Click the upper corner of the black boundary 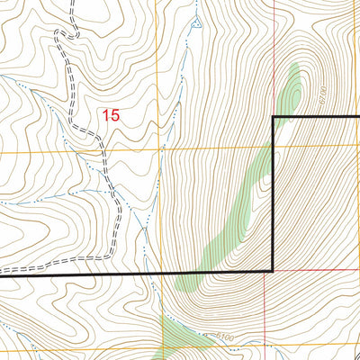273,118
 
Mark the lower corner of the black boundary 273,271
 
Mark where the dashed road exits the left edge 2,270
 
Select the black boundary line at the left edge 3,275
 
